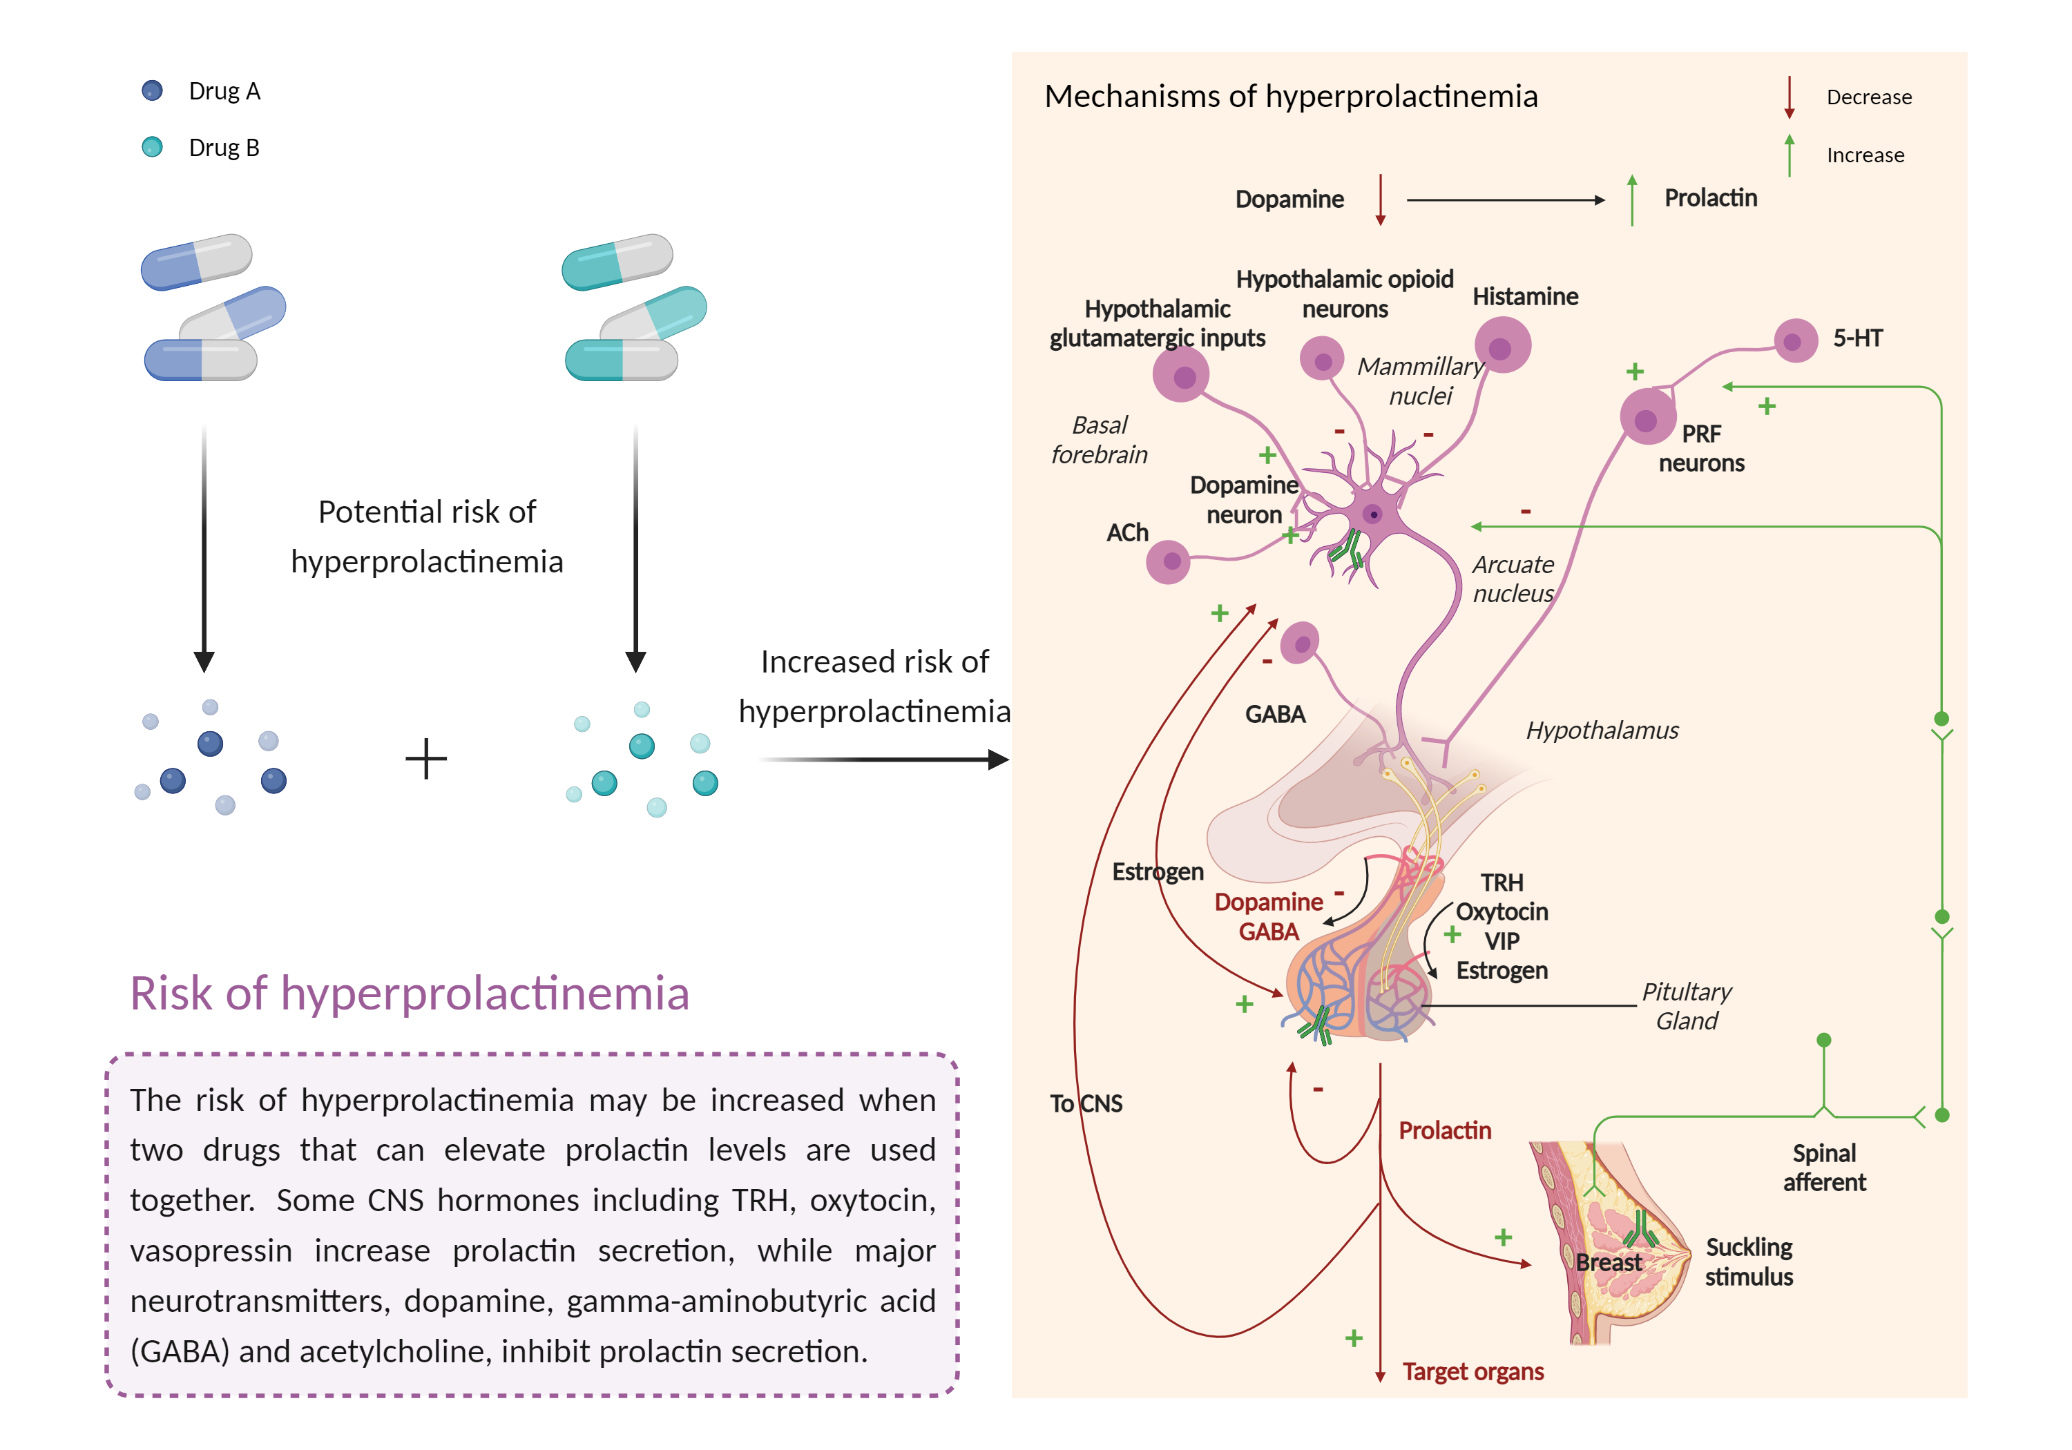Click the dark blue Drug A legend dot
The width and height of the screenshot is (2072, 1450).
coord(152,90)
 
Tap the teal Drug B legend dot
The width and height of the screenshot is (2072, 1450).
coord(152,147)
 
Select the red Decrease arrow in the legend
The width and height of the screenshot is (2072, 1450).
coord(1789,97)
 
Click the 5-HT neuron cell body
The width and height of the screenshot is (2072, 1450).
coord(1795,341)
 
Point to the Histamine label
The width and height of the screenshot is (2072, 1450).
coord(1524,297)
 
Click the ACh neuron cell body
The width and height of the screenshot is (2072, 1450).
coord(1169,562)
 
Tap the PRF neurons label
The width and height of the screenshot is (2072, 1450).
coord(1701,448)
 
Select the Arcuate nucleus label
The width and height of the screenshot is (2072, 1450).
coord(1513,579)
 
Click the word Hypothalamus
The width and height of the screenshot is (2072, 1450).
coord(1602,730)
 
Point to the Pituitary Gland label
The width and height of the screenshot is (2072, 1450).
coord(1686,1006)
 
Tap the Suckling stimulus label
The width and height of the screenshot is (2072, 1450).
coord(1748,1261)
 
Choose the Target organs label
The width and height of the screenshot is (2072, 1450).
coord(1473,1371)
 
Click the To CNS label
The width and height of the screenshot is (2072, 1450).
coord(1086,1103)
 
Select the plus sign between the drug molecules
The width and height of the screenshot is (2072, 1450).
coord(426,759)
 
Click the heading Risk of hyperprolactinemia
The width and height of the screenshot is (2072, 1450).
coord(410,994)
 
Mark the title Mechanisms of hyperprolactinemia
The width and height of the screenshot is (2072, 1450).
coord(1290,97)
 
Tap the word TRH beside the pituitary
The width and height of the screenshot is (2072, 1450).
coord(1502,882)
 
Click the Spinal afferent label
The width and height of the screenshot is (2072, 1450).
coord(1824,1168)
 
